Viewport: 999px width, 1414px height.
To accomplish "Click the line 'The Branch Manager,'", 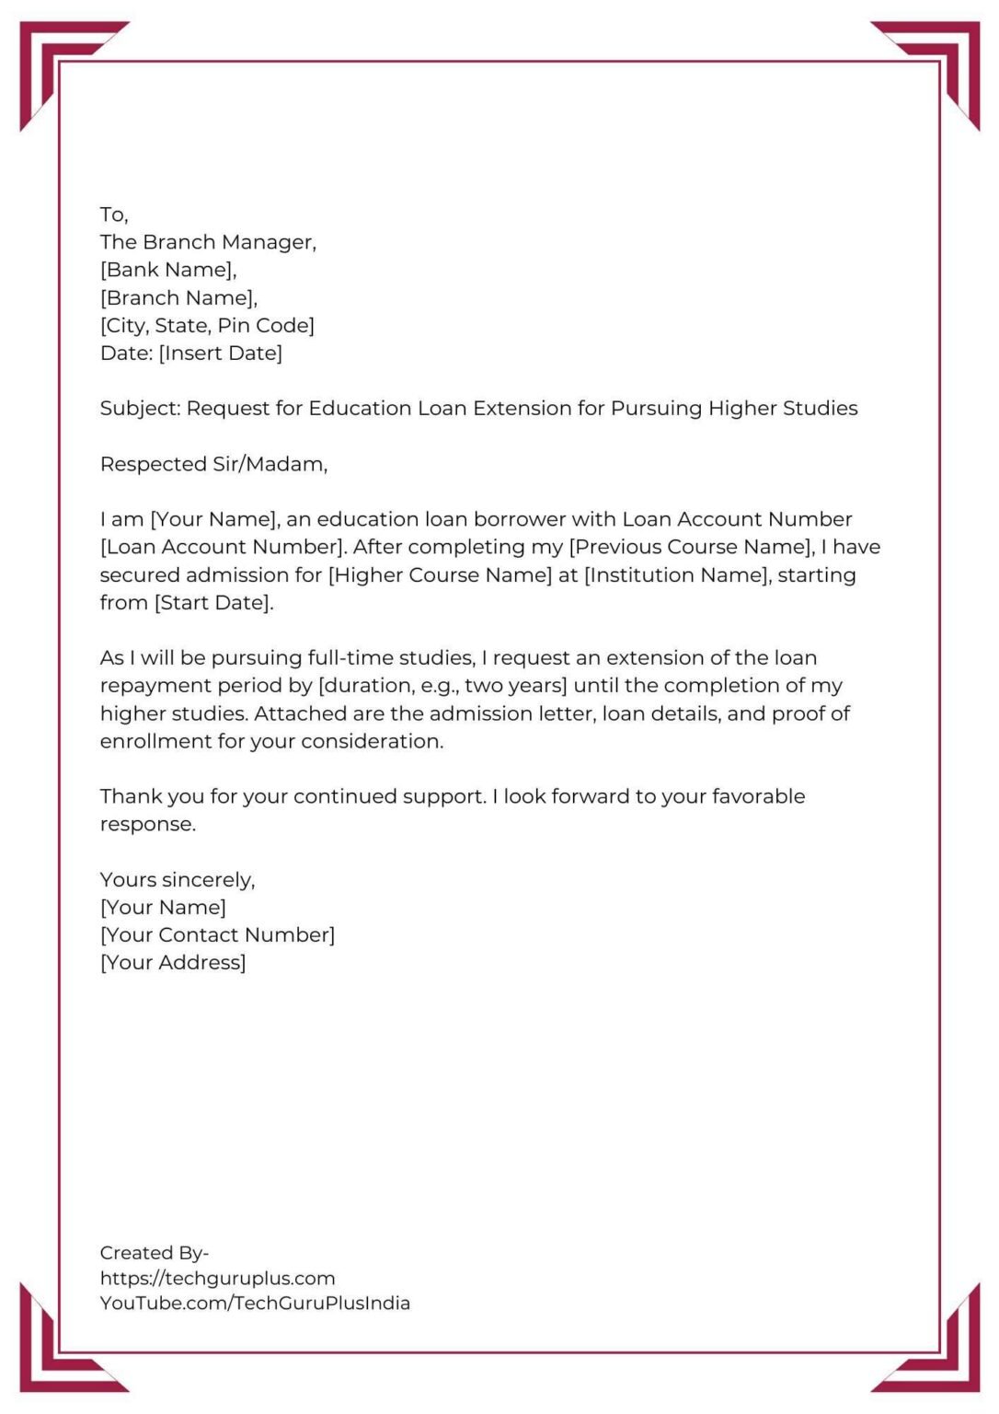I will [208, 242].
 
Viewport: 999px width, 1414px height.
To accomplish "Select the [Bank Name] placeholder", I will [167, 270].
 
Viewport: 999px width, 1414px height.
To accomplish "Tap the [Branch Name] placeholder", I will [178, 298].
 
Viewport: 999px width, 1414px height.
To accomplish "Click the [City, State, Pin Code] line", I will [207, 326].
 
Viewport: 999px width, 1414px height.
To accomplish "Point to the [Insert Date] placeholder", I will [221, 353].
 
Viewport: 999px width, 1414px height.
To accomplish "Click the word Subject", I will [139, 409].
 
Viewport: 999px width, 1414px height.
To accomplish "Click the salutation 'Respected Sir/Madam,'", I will [213, 464].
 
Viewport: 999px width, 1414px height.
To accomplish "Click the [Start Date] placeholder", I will [213, 603].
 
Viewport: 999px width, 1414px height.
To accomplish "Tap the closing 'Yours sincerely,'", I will [178, 880].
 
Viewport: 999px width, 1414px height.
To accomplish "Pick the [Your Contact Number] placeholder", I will [217, 935].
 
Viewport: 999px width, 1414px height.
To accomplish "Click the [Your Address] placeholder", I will [173, 963].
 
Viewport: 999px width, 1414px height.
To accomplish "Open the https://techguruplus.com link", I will [217, 1279].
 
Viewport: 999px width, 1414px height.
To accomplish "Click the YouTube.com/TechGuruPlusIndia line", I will [255, 1304].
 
